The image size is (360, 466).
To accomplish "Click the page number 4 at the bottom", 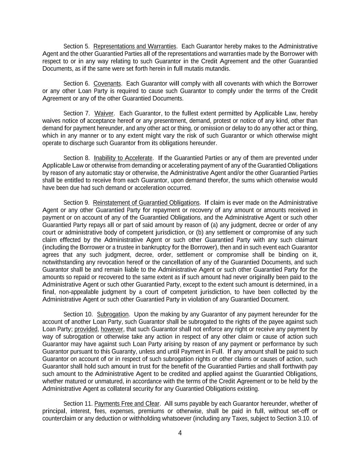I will [x=180, y=433].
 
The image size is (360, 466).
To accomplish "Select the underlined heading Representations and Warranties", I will [x=135, y=46].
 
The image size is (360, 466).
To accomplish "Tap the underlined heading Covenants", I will [x=107, y=84].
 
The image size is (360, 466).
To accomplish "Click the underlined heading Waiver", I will [x=104, y=113].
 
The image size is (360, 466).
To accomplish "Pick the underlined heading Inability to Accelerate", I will [x=123, y=158].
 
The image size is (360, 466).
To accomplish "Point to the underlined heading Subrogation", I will [x=113, y=314].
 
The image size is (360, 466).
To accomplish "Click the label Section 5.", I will [x=76, y=46].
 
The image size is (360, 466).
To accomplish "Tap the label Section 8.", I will [x=76, y=158].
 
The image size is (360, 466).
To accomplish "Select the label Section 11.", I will [x=78, y=404].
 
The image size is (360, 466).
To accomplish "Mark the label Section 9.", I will [x=76, y=203].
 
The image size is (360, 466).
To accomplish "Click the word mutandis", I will [x=217, y=69].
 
